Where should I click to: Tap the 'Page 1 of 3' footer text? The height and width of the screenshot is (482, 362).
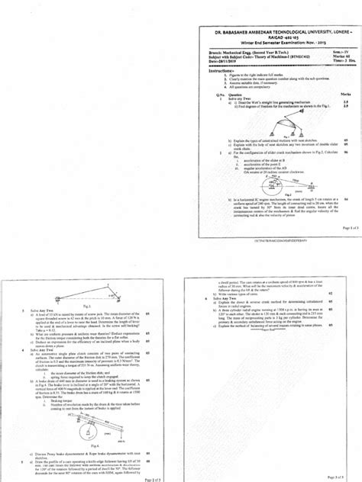click(344, 227)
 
